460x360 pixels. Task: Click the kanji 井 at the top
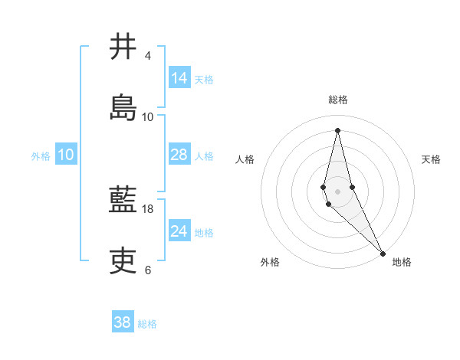pyautogui.click(x=123, y=47)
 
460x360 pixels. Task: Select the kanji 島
pyautogui.click(x=123, y=107)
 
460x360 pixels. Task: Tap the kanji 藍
pyautogui.click(x=123, y=201)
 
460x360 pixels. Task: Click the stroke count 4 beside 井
pyautogui.click(x=147, y=56)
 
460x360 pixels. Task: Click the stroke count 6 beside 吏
pyautogui.click(x=147, y=270)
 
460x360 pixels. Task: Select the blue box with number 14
pyautogui.click(x=179, y=78)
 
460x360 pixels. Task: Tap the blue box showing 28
pyautogui.click(x=179, y=155)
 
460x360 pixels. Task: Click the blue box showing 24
pyautogui.click(x=179, y=231)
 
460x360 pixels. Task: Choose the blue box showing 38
pyautogui.click(x=122, y=322)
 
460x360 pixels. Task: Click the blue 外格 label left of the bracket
pyautogui.click(x=41, y=155)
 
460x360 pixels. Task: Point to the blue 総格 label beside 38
pyautogui.click(x=147, y=324)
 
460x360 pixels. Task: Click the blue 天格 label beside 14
pyautogui.click(x=204, y=79)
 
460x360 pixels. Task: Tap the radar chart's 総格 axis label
pyautogui.click(x=338, y=100)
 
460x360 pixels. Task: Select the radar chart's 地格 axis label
pyautogui.click(x=402, y=262)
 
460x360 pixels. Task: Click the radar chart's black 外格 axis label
pyautogui.click(x=270, y=262)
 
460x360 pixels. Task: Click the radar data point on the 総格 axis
pyautogui.click(x=337, y=129)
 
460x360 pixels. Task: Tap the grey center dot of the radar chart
pyautogui.click(x=337, y=191)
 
